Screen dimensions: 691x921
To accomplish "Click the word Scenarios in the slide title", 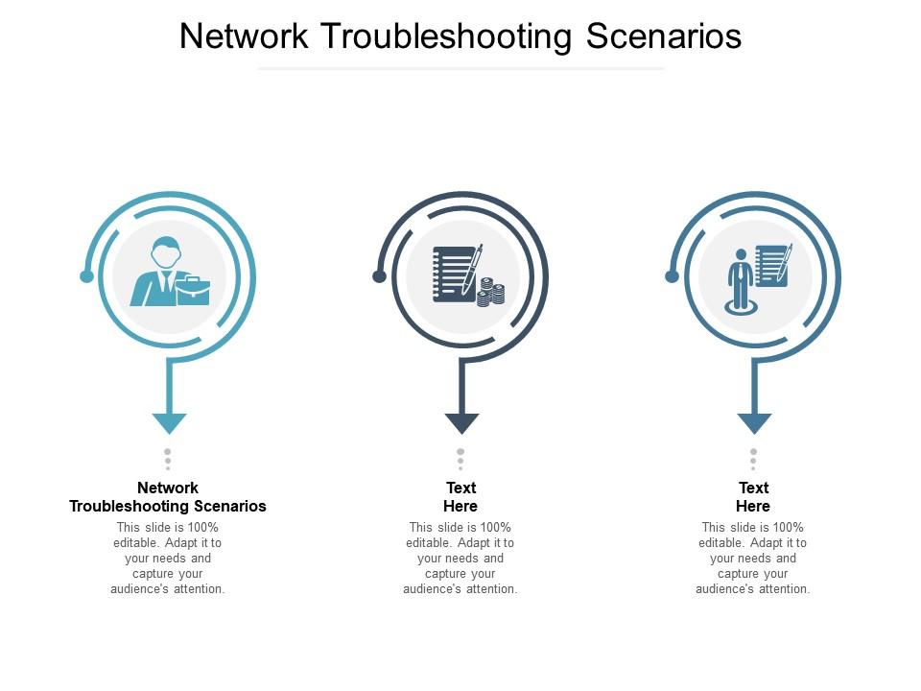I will point(664,36).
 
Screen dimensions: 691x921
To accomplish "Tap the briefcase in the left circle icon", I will point(193,290).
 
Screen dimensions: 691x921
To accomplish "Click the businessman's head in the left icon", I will point(165,253).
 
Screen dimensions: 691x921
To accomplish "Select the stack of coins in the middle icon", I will point(491,292).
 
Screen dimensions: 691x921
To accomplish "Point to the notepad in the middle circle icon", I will point(454,273).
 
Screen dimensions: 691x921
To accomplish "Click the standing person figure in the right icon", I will point(740,278).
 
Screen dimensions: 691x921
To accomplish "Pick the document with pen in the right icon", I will point(772,264).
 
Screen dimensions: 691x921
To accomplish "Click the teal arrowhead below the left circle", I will point(169,422).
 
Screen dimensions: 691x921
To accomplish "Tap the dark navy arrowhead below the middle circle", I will point(461,422).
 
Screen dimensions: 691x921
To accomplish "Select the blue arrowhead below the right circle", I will point(754,422).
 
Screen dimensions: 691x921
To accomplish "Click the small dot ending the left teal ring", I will point(86,276).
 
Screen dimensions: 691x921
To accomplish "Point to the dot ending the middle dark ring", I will point(379,276).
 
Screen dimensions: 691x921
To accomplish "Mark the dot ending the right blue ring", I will point(672,276).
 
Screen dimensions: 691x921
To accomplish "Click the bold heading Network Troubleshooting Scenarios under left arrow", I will point(168,497).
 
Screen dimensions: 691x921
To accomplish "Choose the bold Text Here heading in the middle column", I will point(460,497).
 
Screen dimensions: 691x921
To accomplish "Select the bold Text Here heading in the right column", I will point(753,497).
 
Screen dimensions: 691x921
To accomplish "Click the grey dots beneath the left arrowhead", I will point(168,459).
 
